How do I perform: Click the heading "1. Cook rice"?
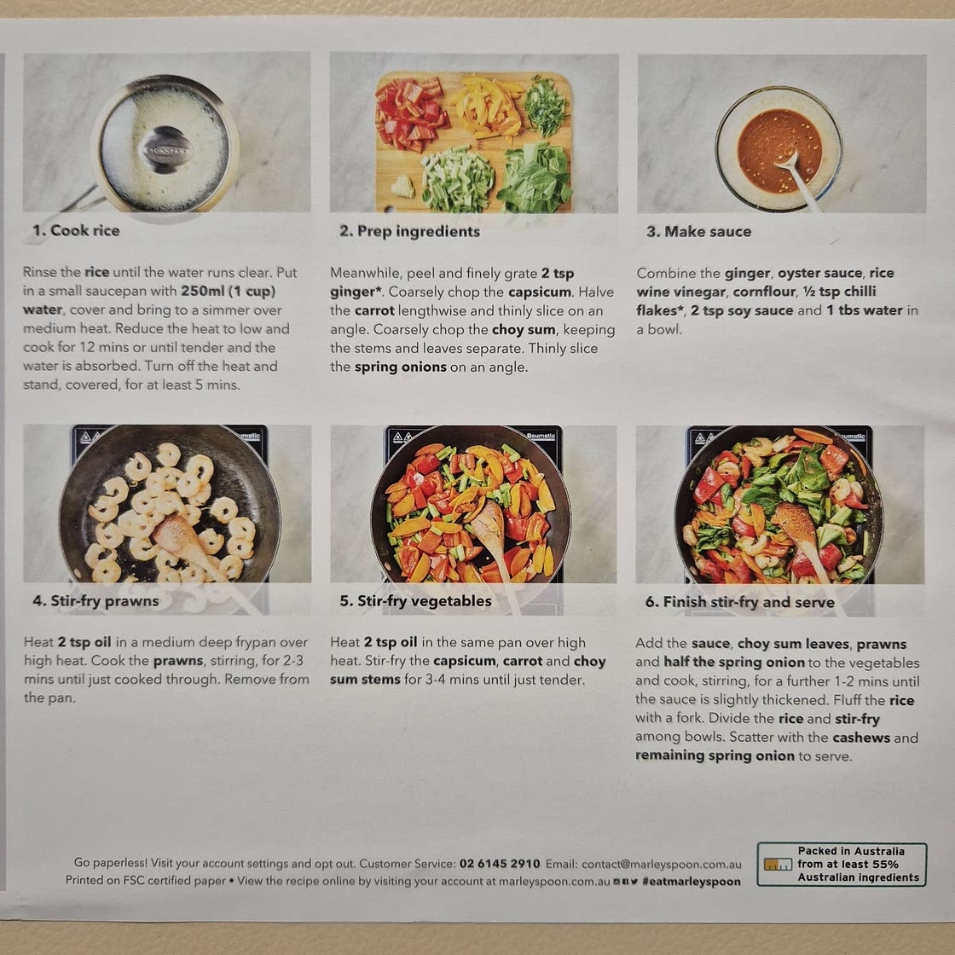(76, 230)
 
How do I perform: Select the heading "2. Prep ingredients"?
(409, 231)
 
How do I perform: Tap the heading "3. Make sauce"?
(698, 231)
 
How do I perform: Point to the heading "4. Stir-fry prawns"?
(95, 600)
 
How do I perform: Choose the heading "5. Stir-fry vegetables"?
(415, 600)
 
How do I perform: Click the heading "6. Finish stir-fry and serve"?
(739, 602)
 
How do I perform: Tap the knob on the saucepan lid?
(165, 149)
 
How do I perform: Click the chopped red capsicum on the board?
(409, 114)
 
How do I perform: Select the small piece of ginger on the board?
(402, 186)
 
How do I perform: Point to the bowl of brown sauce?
(778, 148)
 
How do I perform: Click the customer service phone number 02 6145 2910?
(500, 864)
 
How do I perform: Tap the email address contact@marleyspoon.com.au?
(662, 865)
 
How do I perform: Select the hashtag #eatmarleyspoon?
(692, 882)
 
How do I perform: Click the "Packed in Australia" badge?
(841, 865)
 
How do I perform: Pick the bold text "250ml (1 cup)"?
(229, 291)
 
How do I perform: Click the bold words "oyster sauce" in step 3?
(819, 273)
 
